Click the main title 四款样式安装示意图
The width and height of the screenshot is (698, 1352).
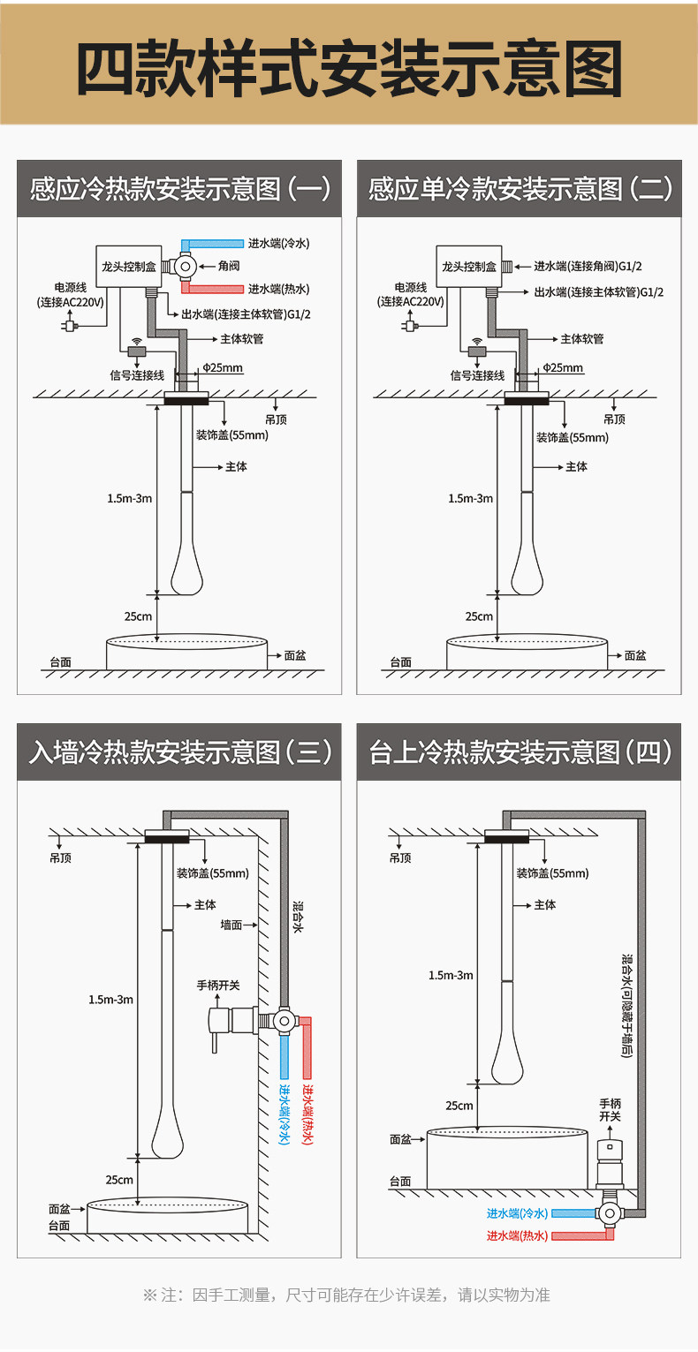click(349, 67)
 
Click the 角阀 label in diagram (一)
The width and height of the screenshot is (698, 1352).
click(229, 266)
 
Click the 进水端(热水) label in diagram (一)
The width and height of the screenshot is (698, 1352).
click(278, 289)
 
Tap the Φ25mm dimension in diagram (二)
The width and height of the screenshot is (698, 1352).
click(563, 367)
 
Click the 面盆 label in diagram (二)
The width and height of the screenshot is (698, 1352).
click(635, 655)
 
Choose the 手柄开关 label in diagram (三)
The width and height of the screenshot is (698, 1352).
click(218, 985)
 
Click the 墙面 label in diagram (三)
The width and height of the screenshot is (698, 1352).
click(232, 925)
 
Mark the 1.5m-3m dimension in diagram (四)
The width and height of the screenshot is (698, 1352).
click(451, 975)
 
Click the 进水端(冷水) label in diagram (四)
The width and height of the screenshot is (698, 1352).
click(517, 1213)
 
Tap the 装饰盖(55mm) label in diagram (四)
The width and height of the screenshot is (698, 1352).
click(552, 873)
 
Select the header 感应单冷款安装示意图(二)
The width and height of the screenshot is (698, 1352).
click(520, 188)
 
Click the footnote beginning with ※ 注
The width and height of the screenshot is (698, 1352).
click(347, 1295)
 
